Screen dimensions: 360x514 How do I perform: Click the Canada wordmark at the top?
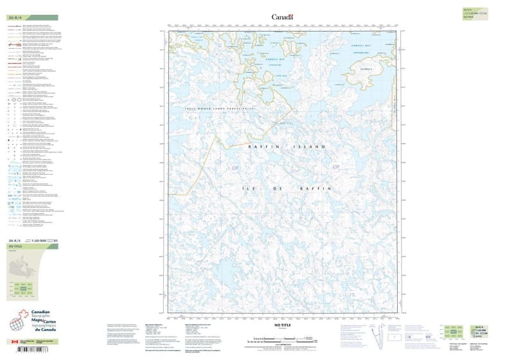282,17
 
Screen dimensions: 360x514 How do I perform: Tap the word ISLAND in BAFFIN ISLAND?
312,147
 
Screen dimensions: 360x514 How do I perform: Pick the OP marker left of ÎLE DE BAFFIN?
234,168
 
